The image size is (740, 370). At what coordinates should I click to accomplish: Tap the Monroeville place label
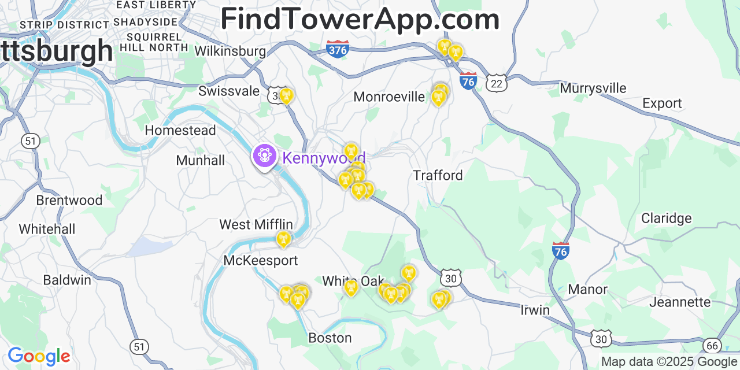tap(389, 97)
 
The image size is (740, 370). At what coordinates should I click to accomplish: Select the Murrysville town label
tap(593, 88)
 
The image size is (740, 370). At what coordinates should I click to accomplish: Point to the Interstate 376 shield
tap(338, 49)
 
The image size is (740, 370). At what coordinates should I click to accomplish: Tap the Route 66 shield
tap(712, 346)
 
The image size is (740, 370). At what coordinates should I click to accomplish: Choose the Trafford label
tap(438, 175)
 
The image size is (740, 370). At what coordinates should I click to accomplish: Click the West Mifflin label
tap(256, 224)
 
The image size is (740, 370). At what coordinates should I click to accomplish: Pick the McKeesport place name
tap(261, 261)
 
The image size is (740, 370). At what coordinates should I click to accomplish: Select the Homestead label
tap(180, 130)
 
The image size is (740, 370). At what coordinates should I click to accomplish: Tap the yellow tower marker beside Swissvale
tap(286, 95)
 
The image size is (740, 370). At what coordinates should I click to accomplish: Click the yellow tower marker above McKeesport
tap(283, 238)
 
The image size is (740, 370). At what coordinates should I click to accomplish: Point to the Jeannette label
tap(680, 302)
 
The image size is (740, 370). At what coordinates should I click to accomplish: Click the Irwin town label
tap(535, 310)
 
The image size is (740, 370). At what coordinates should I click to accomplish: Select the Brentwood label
tap(69, 201)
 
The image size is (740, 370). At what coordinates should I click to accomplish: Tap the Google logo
tap(39, 356)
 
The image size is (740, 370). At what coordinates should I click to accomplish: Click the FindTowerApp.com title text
tap(360, 19)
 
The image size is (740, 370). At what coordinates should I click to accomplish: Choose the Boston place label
tap(330, 338)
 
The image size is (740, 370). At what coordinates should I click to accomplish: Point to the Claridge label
tap(666, 219)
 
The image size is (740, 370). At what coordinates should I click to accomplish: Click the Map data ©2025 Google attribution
tap(669, 362)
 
